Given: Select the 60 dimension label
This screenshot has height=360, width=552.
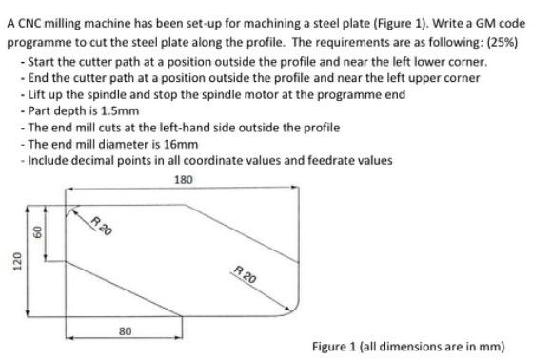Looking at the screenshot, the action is coord(39,232).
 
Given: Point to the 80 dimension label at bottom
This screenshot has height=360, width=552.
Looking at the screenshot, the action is coord(125,330).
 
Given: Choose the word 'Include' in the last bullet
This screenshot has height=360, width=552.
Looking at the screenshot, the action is coord(48,160).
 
